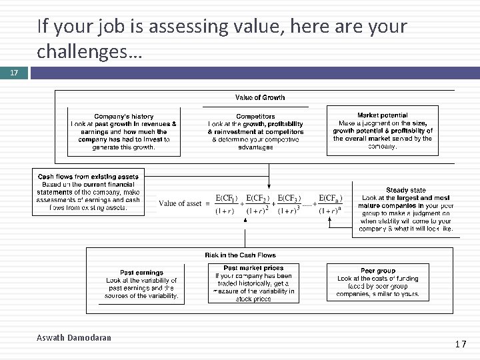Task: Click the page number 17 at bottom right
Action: [459, 345]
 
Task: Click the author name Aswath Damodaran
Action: [73, 338]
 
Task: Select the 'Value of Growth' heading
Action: [260, 97]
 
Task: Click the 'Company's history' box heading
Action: [123, 116]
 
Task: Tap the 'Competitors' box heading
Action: [255, 115]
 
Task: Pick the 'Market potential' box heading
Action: [382, 115]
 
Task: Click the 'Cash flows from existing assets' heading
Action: [87, 177]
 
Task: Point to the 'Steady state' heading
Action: [405, 190]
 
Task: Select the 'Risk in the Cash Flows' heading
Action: [240, 255]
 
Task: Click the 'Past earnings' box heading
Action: [141, 272]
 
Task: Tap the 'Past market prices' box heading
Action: [253, 267]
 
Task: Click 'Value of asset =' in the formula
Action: [184, 204]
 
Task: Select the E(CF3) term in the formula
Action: [289, 198]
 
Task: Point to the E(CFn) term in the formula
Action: [331, 198]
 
